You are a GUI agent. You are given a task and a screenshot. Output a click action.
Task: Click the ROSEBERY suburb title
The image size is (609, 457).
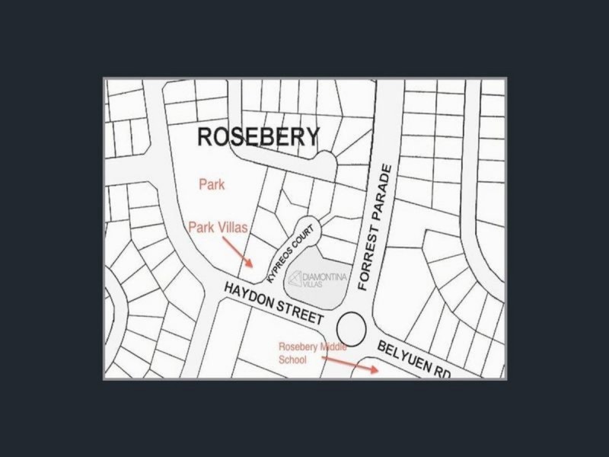coord(258,137)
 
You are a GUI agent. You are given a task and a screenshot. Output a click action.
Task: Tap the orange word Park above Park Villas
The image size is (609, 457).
coord(212,184)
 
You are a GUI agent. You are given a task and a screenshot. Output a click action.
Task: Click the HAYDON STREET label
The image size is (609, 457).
coord(275,302)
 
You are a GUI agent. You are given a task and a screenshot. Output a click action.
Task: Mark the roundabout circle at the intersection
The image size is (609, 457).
coord(350,329)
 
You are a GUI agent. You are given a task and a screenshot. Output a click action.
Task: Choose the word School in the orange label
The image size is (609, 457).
coord(292,360)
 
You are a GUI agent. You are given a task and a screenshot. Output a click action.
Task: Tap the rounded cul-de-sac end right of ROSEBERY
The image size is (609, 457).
coord(326,161)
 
